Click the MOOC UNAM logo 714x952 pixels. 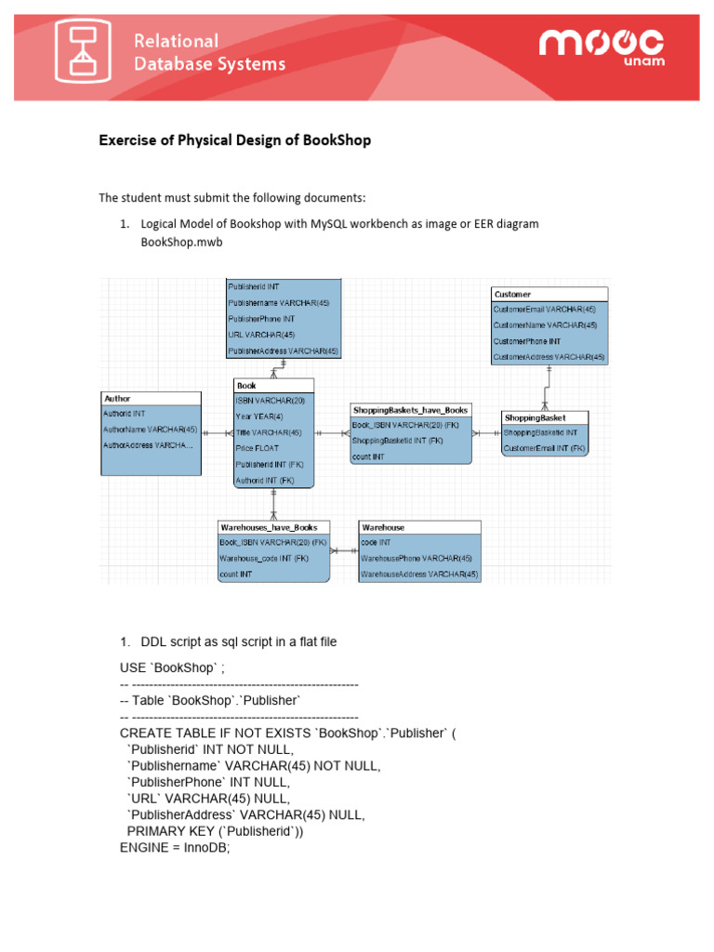[x=601, y=48]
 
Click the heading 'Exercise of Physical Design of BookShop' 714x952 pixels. [x=234, y=140]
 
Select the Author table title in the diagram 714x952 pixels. [x=118, y=399]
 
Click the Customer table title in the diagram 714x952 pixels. [x=513, y=294]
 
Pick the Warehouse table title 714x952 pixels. [x=383, y=527]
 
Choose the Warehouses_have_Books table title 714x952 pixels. [x=269, y=527]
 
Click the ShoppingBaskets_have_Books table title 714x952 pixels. [x=410, y=409]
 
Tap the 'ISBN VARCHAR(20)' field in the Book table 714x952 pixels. [x=270, y=401]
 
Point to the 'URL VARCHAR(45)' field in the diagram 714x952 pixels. [x=261, y=335]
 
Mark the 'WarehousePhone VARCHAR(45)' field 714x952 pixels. [x=416, y=559]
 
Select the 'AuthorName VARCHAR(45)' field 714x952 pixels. [x=151, y=430]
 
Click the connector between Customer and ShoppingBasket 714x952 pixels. [x=548, y=387]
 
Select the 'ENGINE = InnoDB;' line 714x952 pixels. [x=174, y=848]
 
